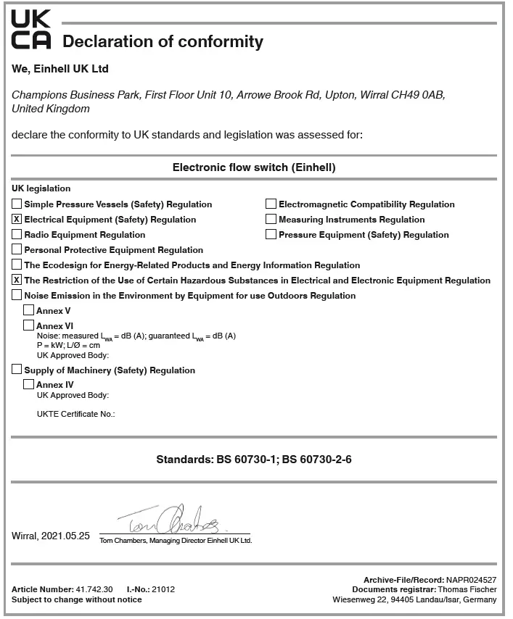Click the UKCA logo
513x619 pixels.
click(31, 29)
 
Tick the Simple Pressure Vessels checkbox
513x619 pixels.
click(17, 204)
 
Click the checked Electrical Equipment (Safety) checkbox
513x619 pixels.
click(17, 219)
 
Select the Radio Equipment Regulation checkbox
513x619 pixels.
click(17, 234)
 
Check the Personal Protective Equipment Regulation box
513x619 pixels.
click(17, 249)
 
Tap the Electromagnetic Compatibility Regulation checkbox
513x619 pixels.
click(271, 204)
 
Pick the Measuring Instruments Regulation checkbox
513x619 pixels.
click(271, 219)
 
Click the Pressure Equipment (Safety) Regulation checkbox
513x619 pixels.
click(271, 234)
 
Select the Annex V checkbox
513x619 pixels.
click(29, 310)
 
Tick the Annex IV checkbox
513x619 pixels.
click(29, 384)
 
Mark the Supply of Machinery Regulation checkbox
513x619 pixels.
click(17, 370)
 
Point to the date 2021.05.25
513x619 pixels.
click(65, 536)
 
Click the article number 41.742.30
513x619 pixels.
click(94, 589)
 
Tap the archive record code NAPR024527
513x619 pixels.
click(472, 579)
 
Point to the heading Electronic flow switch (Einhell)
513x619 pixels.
click(254, 167)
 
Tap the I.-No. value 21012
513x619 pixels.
click(163, 589)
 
